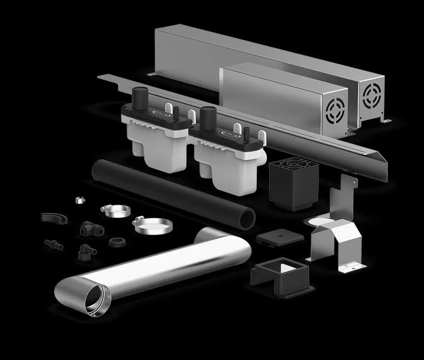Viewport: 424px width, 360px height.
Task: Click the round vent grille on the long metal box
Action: (x=371, y=96)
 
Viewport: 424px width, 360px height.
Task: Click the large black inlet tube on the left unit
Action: (x=140, y=98)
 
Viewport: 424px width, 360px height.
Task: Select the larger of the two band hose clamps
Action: (x=152, y=226)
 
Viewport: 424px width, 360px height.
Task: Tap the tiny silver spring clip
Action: (x=80, y=200)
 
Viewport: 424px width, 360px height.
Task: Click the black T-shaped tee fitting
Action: (x=87, y=228)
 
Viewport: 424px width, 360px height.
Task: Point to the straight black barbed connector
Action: (x=54, y=244)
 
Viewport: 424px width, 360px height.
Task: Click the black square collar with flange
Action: (x=282, y=275)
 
